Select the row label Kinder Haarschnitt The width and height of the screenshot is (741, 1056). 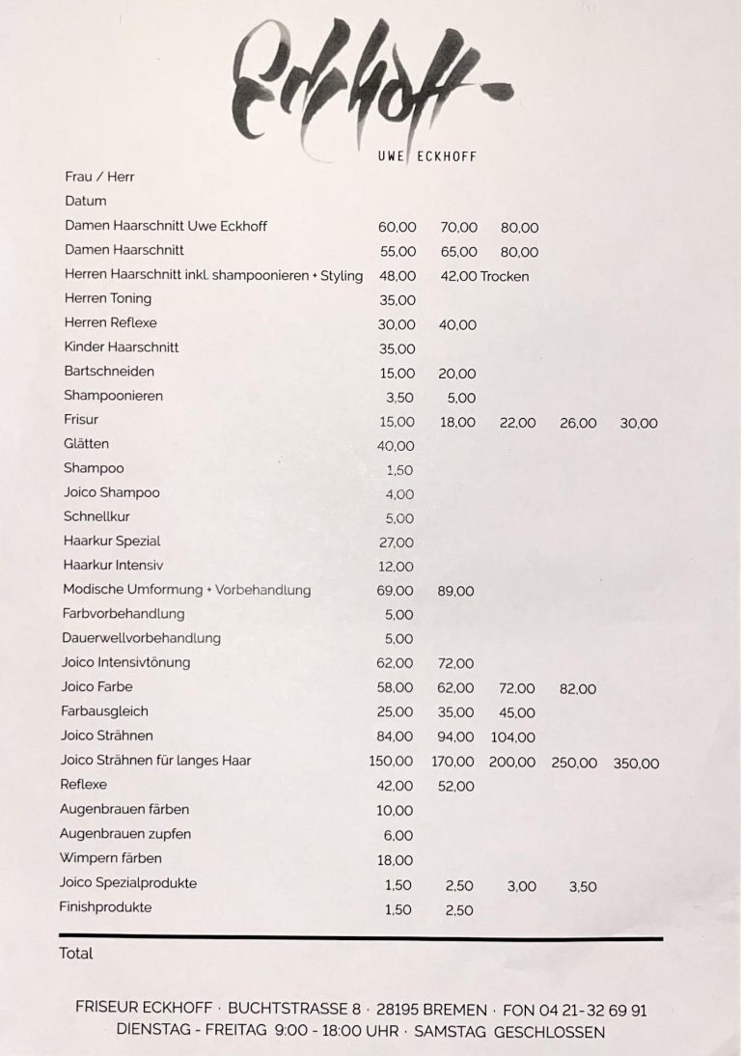coord(122,347)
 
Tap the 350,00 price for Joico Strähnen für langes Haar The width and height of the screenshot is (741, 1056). coord(636,763)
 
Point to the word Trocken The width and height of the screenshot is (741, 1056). coord(505,276)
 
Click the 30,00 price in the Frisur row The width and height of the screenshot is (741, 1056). coord(638,423)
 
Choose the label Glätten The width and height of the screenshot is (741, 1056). coord(87,444)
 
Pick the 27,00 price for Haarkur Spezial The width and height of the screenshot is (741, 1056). coord(397,542)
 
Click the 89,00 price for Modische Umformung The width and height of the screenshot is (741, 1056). coord(455,591)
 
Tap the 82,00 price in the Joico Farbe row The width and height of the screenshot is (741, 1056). coord(577,689)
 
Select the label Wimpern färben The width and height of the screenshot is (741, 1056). coord(111,858)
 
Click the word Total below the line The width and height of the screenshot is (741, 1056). coord(76,954)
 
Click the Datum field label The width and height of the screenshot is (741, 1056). coord(85,202)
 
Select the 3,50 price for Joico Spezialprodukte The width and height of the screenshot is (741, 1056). coord(582,886)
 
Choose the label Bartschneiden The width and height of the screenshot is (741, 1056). coord(109,372)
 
